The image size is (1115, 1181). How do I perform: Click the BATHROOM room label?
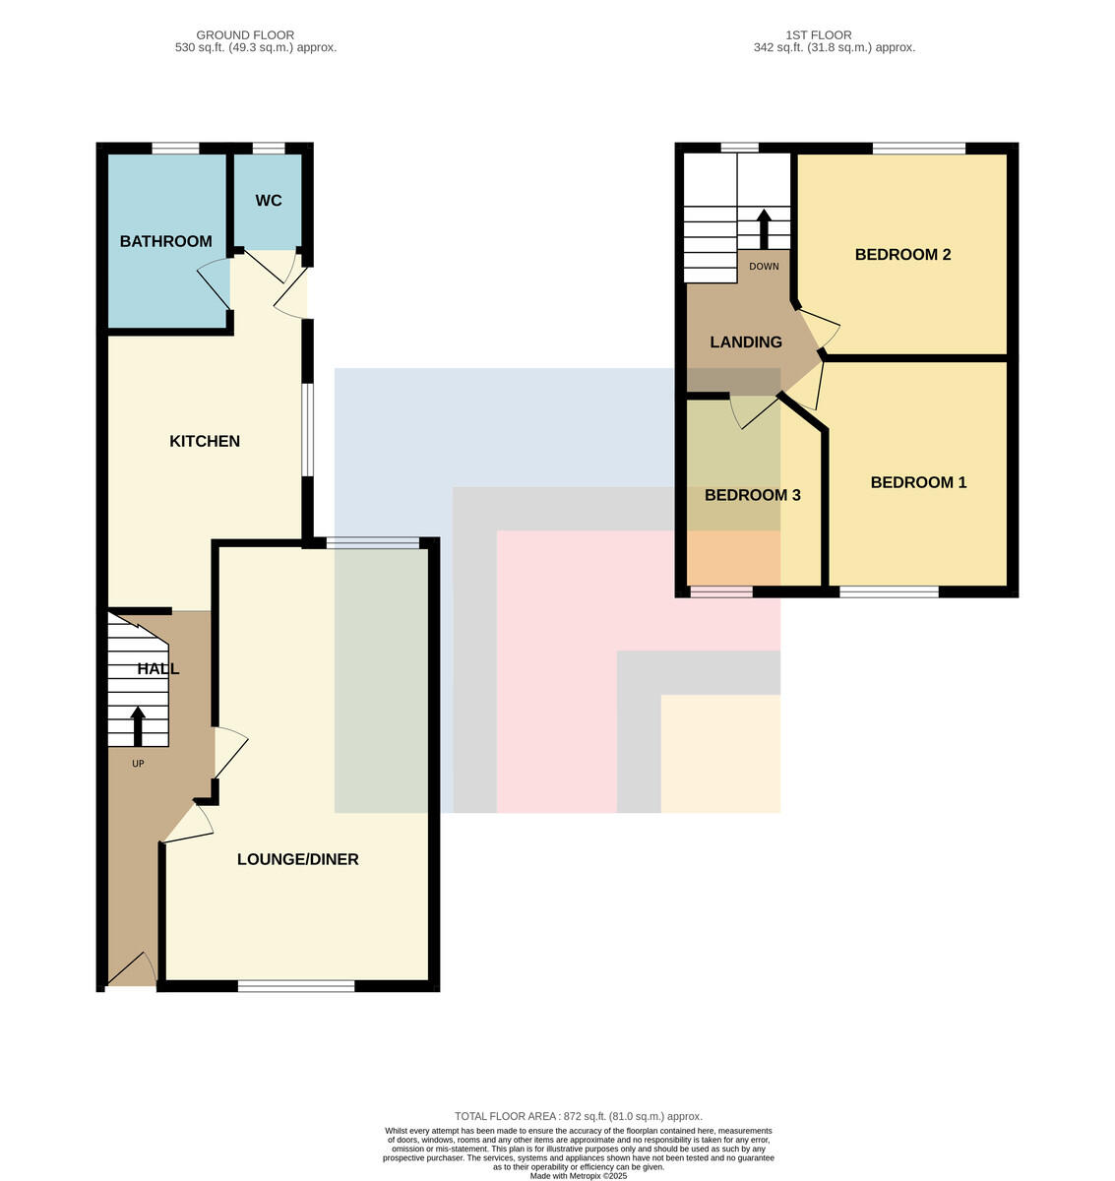click(166, 241)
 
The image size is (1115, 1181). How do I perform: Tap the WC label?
click(269, 201)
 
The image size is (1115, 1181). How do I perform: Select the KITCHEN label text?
click(205, 441)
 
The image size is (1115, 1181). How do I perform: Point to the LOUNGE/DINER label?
click(298, 859)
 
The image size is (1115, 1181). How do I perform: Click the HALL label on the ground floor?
click(158, 669)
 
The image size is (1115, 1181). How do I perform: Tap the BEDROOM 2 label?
click(902, 255)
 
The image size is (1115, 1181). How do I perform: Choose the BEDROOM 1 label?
click(918, 482)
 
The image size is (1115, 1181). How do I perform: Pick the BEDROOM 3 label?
click(752, 495)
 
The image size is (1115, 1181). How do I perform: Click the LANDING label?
click(746, 342)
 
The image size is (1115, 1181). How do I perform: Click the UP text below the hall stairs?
click(138, 764)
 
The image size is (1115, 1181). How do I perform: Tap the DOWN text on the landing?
click(764, 267)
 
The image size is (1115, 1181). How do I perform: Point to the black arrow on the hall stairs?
click(138, 726)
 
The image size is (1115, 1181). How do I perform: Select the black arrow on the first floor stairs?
click(764, 229)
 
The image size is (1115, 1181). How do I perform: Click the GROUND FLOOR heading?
click(245, 35)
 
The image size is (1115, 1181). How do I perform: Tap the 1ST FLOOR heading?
click(818, 35)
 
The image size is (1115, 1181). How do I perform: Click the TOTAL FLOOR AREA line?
click(578, 1117)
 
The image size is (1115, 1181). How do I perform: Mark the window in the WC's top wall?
click(269, 148)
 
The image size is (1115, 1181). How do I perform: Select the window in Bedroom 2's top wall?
click(919, 148)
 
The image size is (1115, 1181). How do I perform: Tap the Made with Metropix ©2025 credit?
click(578, 1176)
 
